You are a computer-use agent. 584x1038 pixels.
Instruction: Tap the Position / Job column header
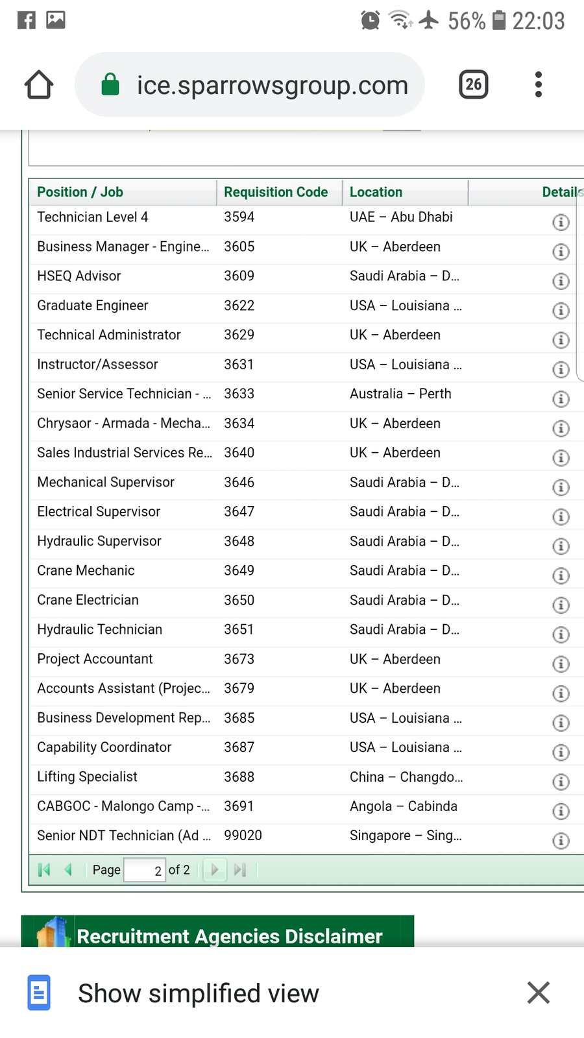tap(80, 192)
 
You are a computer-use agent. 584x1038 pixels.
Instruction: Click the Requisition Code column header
tap(276, 192)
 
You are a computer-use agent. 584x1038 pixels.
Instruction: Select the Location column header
tap(376, 192)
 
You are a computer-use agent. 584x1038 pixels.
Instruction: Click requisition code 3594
tap(239, 217)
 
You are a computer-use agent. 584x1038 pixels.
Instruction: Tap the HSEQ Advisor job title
tap(79, 276)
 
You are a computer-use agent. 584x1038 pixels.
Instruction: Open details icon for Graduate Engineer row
tap(561, 311)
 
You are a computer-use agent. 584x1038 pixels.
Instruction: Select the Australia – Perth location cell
tap(400, 394)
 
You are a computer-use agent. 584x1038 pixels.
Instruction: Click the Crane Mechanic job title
tap(86, 571)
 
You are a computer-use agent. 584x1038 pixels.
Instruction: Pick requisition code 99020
tap(243, 836)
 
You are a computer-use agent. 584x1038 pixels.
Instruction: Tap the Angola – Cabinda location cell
tap(404, 806)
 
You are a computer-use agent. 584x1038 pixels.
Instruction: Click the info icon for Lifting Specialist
tap(561, 782)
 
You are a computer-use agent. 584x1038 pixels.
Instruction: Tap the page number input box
tap(144, 870)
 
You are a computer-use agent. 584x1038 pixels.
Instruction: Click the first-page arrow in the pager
tap(44, 870)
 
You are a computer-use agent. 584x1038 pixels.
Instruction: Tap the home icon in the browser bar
tap(39, 84)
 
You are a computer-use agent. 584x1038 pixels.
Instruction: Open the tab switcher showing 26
tap(474, 84)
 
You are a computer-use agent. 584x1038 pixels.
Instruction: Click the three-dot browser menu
tap(538, 84)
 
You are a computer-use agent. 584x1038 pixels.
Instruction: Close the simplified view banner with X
tap(539, 993)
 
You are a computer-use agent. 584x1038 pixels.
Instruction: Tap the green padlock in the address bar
tap(110, 84)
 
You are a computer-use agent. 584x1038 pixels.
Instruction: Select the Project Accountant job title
tap(95, 659)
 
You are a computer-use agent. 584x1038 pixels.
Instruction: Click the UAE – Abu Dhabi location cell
tap(401, 217)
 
